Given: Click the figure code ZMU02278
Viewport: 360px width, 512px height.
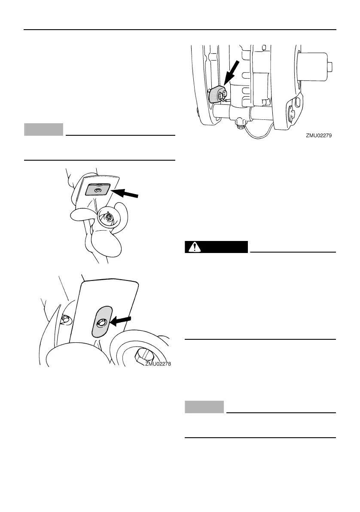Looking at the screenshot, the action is click(160, 363).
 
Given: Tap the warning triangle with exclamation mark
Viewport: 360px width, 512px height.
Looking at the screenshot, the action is click(196, 247).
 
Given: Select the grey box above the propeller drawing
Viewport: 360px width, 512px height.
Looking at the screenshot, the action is click(44, 129).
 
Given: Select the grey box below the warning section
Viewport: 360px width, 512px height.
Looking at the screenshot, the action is click(204, 407).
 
